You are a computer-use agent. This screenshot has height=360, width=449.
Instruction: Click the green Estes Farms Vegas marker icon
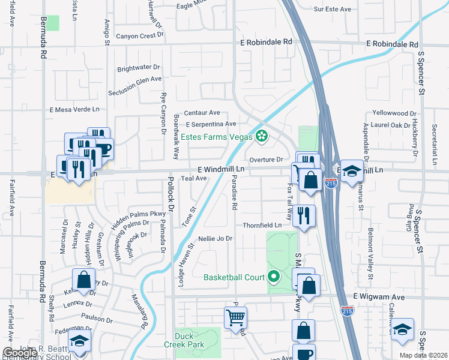click(261, 137)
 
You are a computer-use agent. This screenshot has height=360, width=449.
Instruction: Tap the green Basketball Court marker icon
click(274, 277)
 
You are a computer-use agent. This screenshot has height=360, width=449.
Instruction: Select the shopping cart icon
click(236, 317)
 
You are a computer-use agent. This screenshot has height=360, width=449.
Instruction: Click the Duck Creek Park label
click(188, 340)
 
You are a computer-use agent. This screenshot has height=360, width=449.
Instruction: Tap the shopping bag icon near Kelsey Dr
click(83, 280)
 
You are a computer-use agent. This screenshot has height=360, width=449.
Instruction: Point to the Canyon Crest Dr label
click(140, 35)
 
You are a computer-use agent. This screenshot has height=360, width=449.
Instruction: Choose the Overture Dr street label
click(265, 160)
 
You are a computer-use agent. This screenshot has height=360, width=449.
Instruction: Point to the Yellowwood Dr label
click(394, 113)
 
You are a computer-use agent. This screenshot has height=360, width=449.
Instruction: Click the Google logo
click(20, 353)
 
